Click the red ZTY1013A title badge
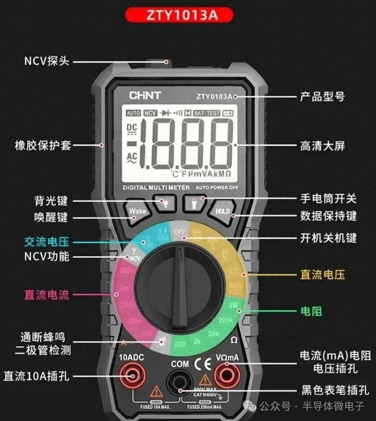pyautogui.click(x=179, y=15)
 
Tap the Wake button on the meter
pyautogui.click(x=137, y=211)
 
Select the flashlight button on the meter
pyautogui.click(x=194, y=203)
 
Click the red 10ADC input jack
pyautogui.click(x=133, y=376)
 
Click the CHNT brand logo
pyautogui.click(x=145, y=95)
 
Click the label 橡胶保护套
pyautogui.click(x=43, y=145)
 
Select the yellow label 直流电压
pyautogui.click(x=322, y=275)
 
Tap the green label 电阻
pyautogui.click(x=311, y=311)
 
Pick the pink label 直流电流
pyautogui.click(x=47, y=295)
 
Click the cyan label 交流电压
pyautogui.click(x=47, y=242)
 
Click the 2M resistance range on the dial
pyautogui.click(x=233, y=306)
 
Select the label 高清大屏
pyautogui.click(x=322, y=146)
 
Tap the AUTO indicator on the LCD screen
pyautogui.click(x=133, y=113)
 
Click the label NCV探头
pyautogui.click(x=47, y=61)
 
